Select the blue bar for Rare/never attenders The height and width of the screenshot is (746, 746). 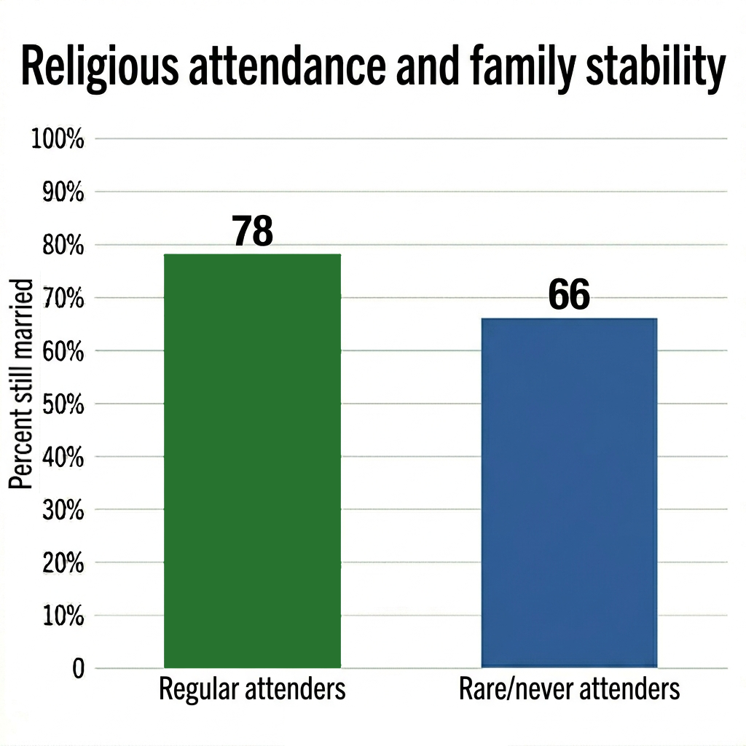[x=569, y=492]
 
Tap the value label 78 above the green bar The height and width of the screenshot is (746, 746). [x=252, y=232]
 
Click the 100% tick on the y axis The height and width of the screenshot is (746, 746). [x=58, y=138]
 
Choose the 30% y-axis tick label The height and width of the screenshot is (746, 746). [x=61, y=509]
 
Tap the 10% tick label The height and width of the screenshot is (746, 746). [x=61, y=616]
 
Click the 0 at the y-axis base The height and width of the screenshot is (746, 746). [x=78, y=669]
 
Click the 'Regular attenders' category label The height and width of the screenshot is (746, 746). [x=252, y=689]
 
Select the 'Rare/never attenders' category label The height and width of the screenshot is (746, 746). [x=569, y=689]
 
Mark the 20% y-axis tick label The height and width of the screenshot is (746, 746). [x=61, y=562]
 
